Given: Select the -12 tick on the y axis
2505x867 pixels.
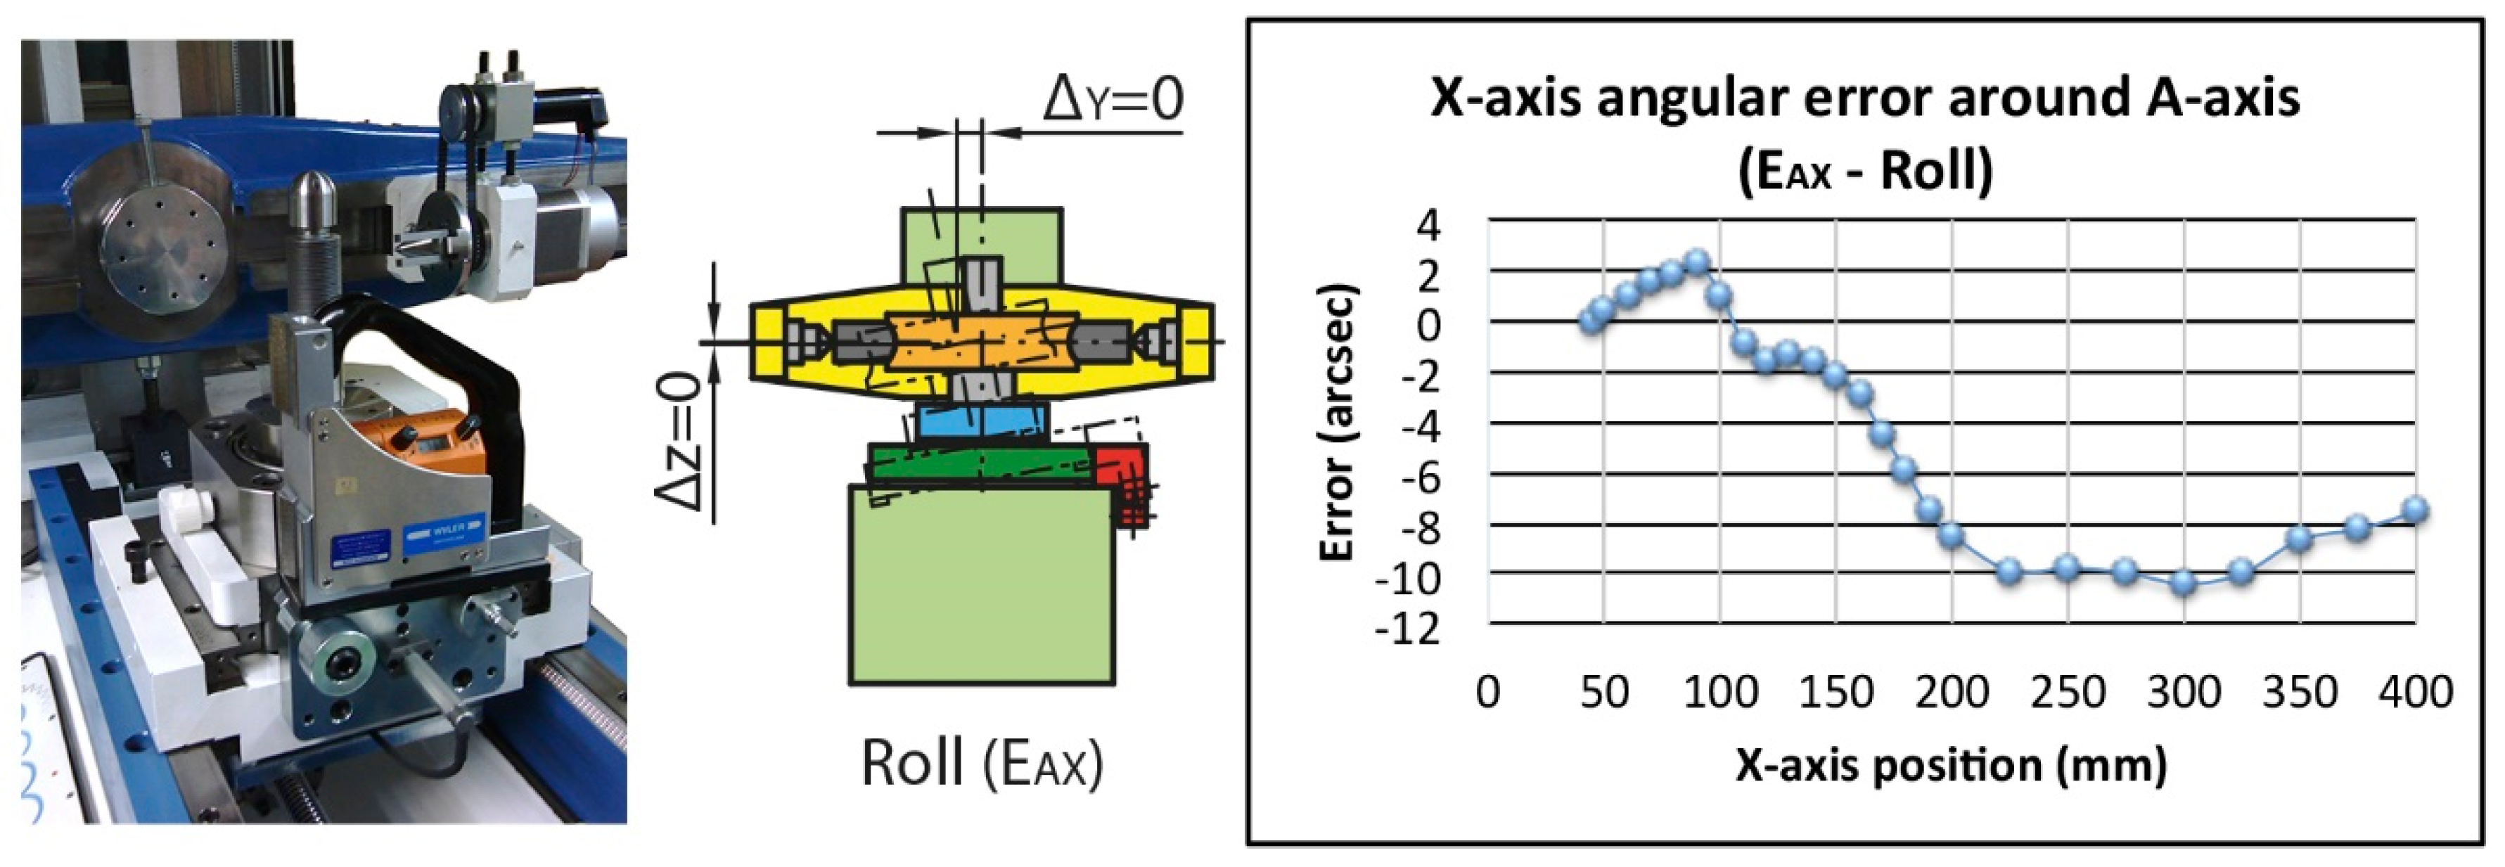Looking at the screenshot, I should pos(1408,630).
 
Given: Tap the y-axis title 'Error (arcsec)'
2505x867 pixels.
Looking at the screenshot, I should pos(1338,423).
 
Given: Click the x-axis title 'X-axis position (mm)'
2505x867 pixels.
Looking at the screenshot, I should pos(1951,766).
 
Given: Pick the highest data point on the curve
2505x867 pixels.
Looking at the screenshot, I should pos(1697,262).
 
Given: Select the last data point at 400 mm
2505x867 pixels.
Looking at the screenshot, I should pos(2416,509).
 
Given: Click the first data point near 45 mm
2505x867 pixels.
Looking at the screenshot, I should pos(1591,321).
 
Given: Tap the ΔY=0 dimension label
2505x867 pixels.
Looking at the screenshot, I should pos(1113,99).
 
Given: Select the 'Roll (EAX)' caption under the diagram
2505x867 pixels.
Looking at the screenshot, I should pos(982,763).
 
